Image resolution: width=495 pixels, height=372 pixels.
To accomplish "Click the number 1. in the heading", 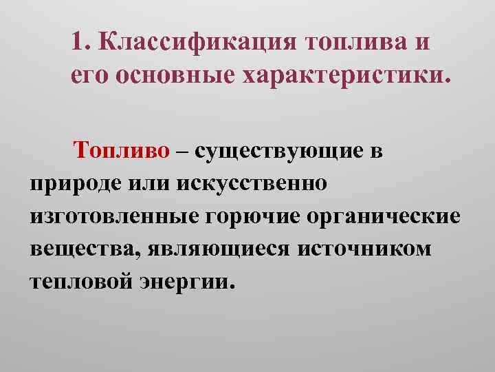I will (x=80, y=42).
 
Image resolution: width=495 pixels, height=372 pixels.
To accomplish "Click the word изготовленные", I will (x=113, y=217).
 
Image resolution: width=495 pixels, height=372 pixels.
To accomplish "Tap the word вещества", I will (x=76, y=249).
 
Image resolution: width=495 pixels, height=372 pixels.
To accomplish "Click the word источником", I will (x=364, y=249).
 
